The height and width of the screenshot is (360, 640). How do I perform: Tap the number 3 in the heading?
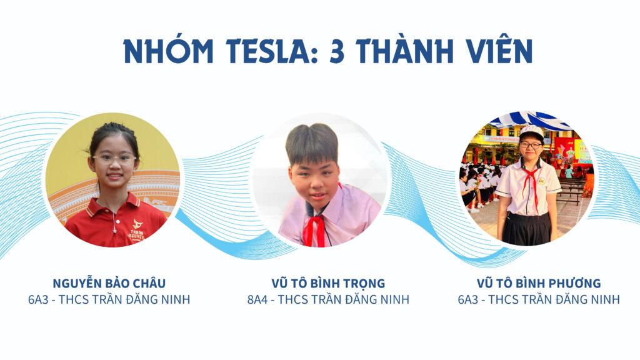click(337, 52)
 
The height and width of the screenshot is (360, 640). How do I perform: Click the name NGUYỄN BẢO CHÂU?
click(109, 283)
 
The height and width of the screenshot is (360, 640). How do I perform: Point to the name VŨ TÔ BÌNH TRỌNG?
click(328, 283)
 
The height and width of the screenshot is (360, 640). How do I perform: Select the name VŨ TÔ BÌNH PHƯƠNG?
click(539, 283)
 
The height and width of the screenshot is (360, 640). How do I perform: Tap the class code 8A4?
click(257, 299)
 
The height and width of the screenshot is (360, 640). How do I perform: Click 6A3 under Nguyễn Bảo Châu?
click(38, 299)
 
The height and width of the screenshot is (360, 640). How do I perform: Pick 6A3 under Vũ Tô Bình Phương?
click(468, 299)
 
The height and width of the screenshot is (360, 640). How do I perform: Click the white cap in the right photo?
click(531, 132)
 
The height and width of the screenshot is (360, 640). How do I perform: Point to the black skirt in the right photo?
click(526, 229)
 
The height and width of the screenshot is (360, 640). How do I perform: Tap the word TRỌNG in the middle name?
click(364, 283)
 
